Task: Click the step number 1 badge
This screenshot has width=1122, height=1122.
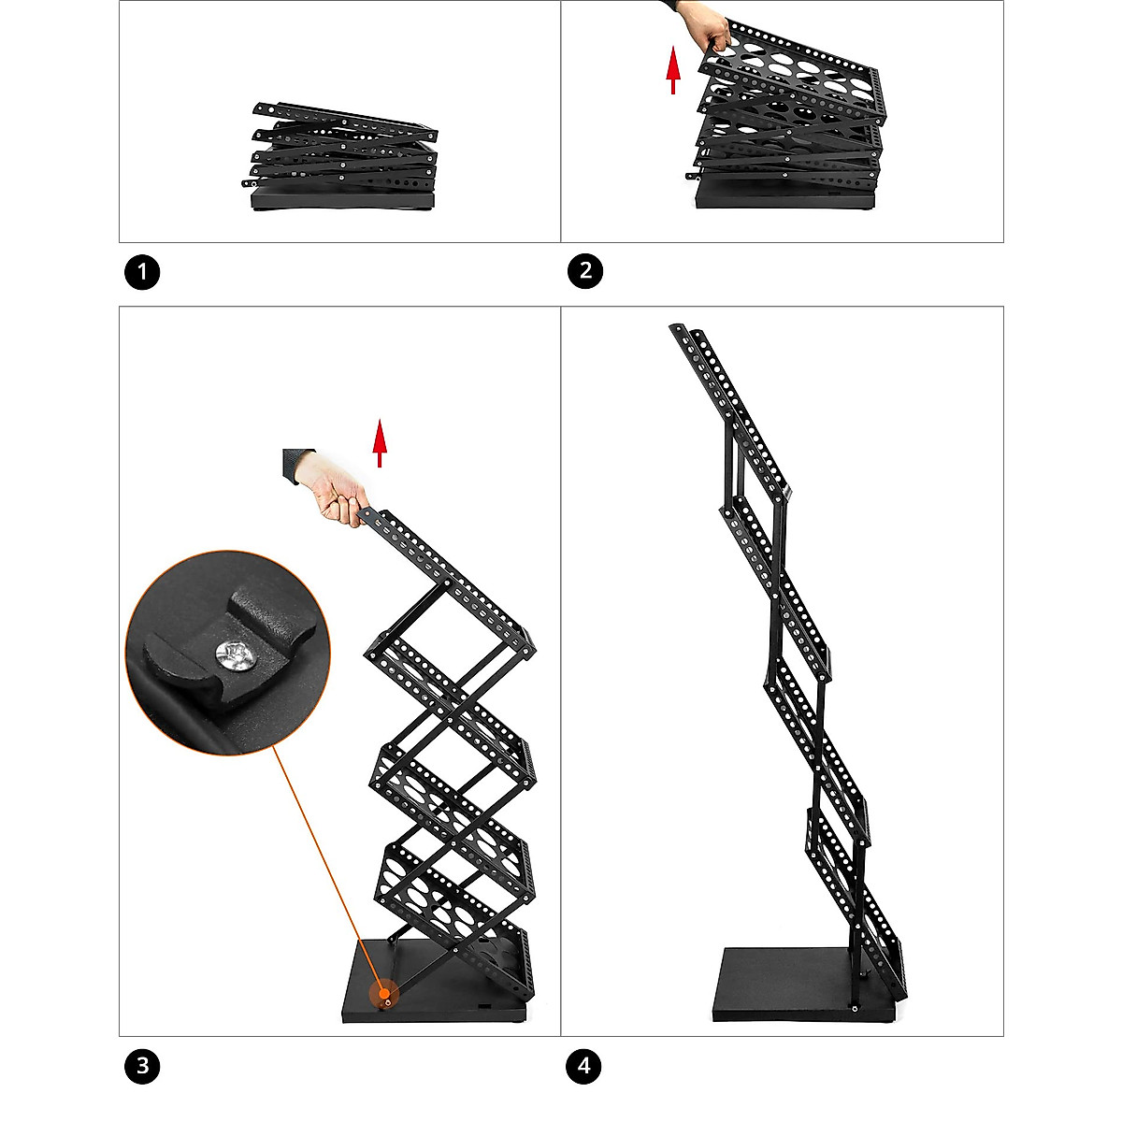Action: (142, 273)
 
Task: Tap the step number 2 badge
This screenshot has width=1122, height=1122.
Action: (585, 272)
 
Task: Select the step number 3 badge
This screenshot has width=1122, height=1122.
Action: (142, 1066)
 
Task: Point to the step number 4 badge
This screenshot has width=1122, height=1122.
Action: (585, 1066)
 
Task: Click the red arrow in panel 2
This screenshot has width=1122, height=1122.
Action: (672, 72)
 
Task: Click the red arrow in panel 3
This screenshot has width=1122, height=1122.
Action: (380, 443)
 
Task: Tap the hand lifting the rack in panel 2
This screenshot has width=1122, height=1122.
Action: (706, 25)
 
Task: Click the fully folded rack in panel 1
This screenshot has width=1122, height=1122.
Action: (343, 159)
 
